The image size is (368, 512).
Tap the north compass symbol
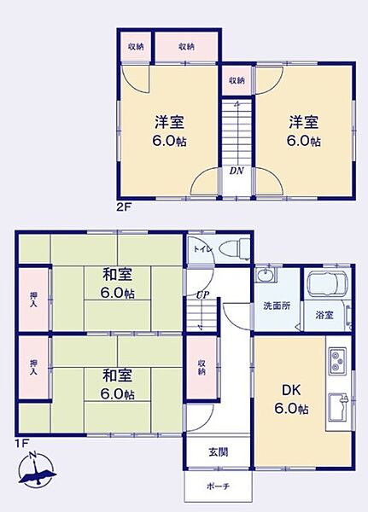pyautogui.click(x=37, y=472)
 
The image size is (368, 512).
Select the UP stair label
pyautogui.click(x=202, y=294)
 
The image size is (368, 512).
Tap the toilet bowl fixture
pyautogui.click(x=231, y=250)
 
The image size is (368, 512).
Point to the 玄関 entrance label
pyautogui.click(x=218, y=452)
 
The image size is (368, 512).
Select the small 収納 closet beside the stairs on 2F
pyautogui.click(x=237, y=80)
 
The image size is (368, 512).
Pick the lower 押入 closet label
pyautogui.click(x=34, y=368)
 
